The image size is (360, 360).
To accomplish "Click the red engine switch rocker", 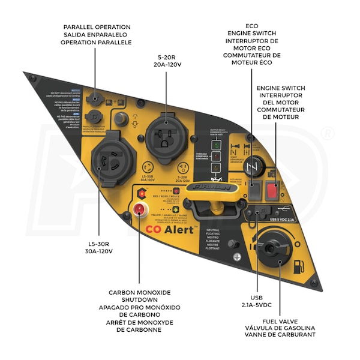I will (x=272, y=191).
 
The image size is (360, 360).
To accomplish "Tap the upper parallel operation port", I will (x=93, y=97).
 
